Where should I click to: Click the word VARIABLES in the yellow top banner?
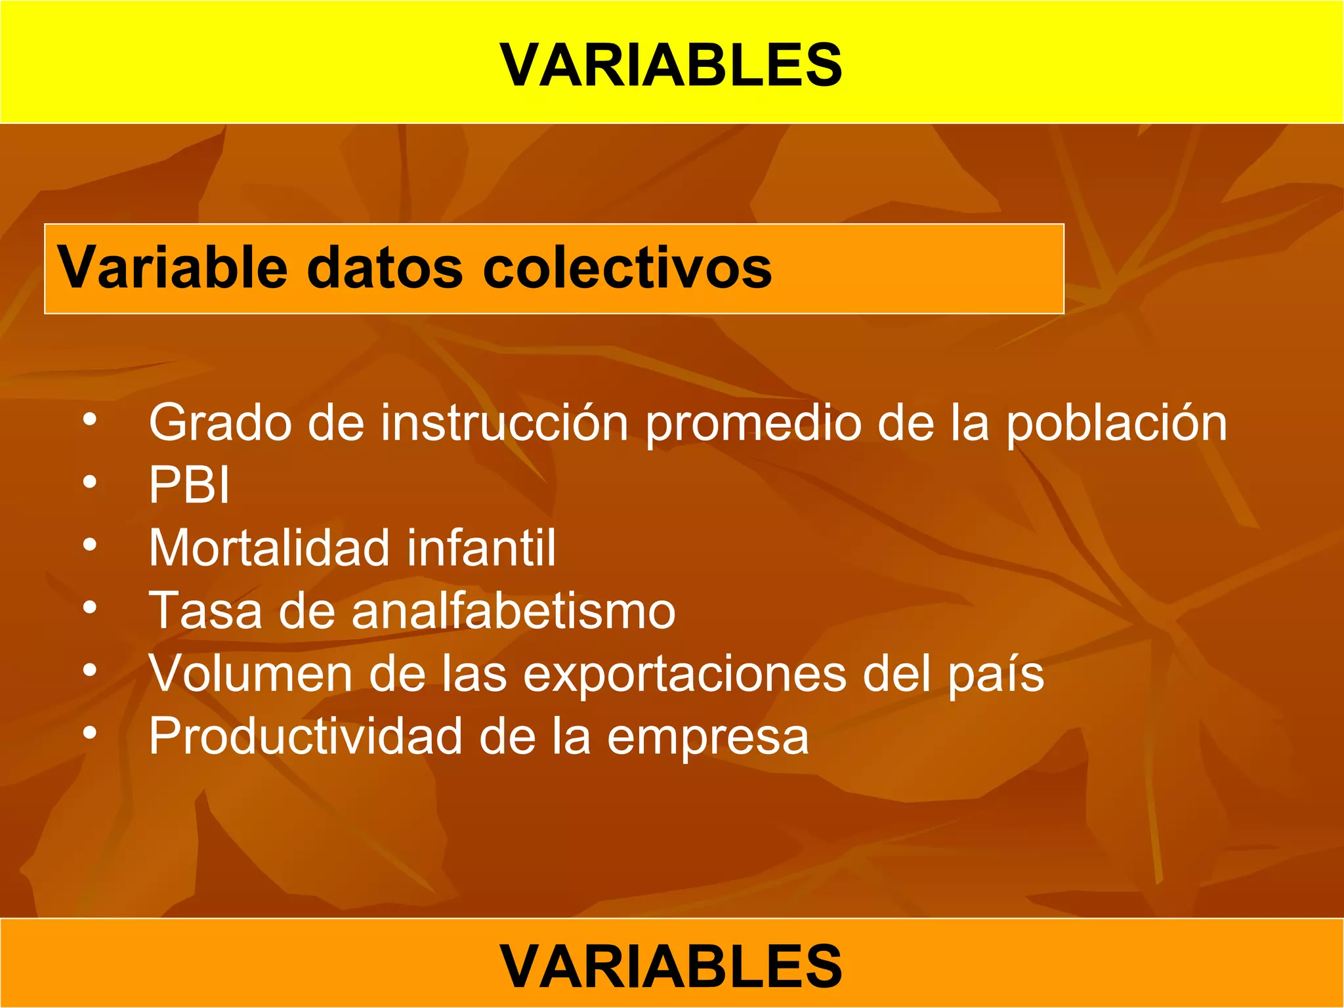pyautogui.click(x=671, y=65)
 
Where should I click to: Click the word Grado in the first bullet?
pyautogui.click(x=220, y=423)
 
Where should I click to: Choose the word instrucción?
pyautogui.click(x=505, y=423)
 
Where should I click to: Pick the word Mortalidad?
pyautogui.click(x=269, y=548)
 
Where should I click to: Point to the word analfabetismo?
pyautogui.click(x=513, y=611)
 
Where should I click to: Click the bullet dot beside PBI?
pyautogui.click(x=90, y=483)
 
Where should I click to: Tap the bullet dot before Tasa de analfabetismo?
pyautogui.click(x=90, y=608)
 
